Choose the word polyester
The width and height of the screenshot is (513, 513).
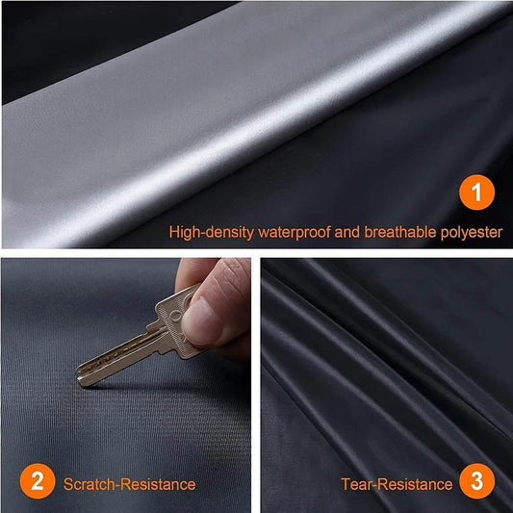pos(471,233)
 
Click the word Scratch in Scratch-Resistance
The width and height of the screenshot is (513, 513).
pos(88,484)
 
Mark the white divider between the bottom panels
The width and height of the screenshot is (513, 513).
pos(256,385)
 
